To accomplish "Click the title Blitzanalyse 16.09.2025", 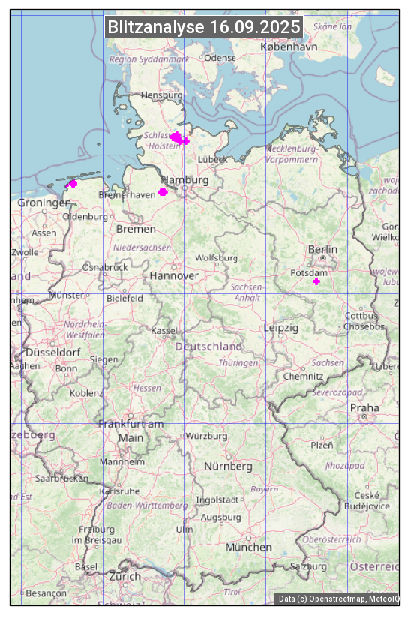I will coord(204,27).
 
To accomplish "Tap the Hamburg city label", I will coord(184,180).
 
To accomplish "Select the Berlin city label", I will coord(322,249).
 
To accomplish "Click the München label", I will coord(248,548).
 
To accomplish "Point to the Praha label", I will coord(364,408).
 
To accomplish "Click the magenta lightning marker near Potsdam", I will coord(316,281).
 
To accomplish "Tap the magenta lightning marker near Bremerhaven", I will coord(163,192).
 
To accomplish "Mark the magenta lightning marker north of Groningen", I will coord(73,184).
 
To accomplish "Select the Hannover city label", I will coord(174,276).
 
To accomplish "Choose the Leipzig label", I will coord(281,328).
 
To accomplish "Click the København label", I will coord(289,47).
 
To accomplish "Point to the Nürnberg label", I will coord(229,467).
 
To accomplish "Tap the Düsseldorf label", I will coord(52,352).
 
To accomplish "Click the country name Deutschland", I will coord(208,347).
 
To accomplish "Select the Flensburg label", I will coord(161,95).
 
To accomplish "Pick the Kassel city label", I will coord(163,330).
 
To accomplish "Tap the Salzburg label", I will coord(309,566).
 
